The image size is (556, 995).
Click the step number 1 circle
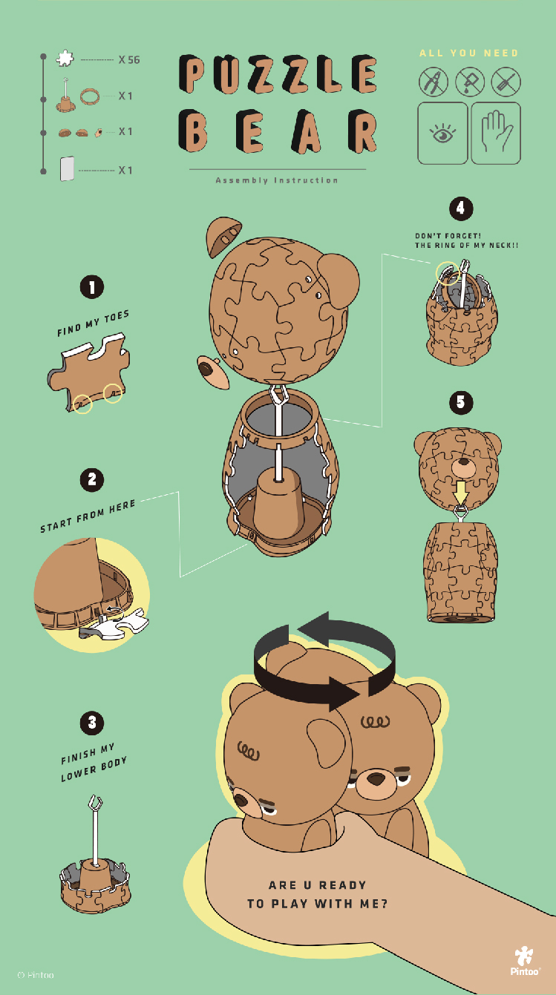pyautogui.click(x=92, y=287)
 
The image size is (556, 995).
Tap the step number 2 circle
pyautogui.click(x=92, y=480)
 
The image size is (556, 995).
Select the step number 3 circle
pyautogui.click(x=92, y=723)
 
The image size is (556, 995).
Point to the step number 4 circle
pyautogui.click(x=461, y=208)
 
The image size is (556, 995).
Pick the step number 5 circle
pyautogui.click(x=461, y=402)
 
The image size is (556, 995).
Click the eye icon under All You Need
pyautogui.click(x=442, y=133)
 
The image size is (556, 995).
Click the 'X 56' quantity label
pyautogui.click(x=129, y=60)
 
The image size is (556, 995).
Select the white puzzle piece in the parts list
pyautogui.click(x=65, y=58)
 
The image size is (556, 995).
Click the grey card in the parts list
pyautogui.click(x=67, y=168)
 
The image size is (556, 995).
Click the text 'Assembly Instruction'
pyautogui.click(x=277, y=180)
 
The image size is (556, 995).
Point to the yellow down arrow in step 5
pyautogui.click(x=461, y=493)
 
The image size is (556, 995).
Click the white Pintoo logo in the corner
pyautogui.click(x=525, y=960)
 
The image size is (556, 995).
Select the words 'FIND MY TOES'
pyautogui.click(x=93, y=324)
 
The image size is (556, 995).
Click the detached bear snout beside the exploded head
pyautogui.click(x=213, y=372)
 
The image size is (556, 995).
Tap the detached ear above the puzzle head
pyautogui.click(x=223, y=236)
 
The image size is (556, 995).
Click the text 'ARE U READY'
pyautogui.click(x=317, y=885)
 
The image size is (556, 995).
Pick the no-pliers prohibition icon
pyautogui.click(x=434, y=82)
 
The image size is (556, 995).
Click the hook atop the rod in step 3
pyautogui.click(x=95, y=803)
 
